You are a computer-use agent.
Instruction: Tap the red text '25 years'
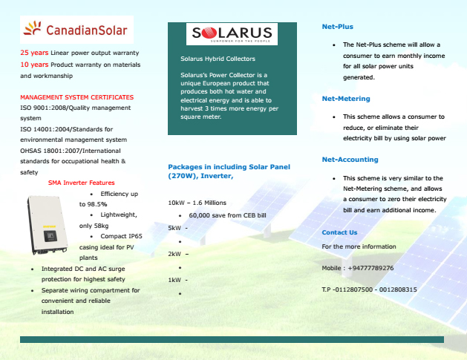tap(34, 53)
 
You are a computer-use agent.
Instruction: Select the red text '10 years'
tap(34, 65)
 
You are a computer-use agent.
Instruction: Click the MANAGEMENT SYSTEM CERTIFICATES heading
tap(77, 97)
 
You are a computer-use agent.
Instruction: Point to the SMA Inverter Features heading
tap(81, 183)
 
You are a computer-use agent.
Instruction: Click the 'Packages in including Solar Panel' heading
tap(228, 166)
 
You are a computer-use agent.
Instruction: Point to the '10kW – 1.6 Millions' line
tap(197, 202)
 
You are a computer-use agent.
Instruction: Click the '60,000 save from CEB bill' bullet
tap(227, 215)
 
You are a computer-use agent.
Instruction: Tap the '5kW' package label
tap(174, 227)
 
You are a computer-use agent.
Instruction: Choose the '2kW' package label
tap(174, 254)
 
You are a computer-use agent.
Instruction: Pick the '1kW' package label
tap(174, 280)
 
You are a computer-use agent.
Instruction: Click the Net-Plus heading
tap(337, 27)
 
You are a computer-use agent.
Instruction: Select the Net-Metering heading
tap(344, 98)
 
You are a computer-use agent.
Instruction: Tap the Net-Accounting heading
tap(350, 160)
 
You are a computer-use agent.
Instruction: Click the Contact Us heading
tap(339, 232)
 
